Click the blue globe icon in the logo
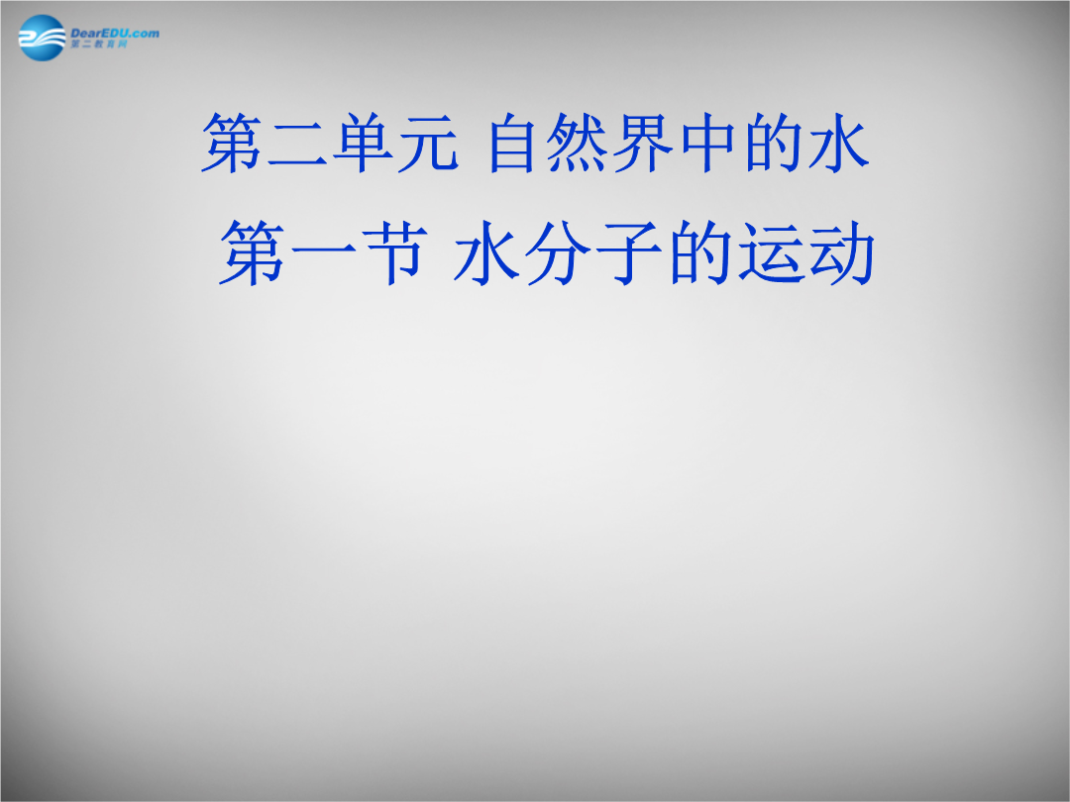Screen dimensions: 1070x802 [x=42, y=39]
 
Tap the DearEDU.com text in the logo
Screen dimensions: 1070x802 [x=115, y=33]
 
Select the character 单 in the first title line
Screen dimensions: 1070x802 [x=363, y=144]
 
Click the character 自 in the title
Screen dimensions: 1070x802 [x=512, y=144]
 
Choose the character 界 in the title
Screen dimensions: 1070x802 [x=642, y=144]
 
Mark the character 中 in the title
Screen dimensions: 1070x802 [x=707, y=144]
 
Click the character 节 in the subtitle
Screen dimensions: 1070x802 [x=389, y=252]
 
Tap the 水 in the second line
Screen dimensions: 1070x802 [x=486, y=252]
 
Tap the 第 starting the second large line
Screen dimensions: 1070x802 [x=251, y=252]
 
